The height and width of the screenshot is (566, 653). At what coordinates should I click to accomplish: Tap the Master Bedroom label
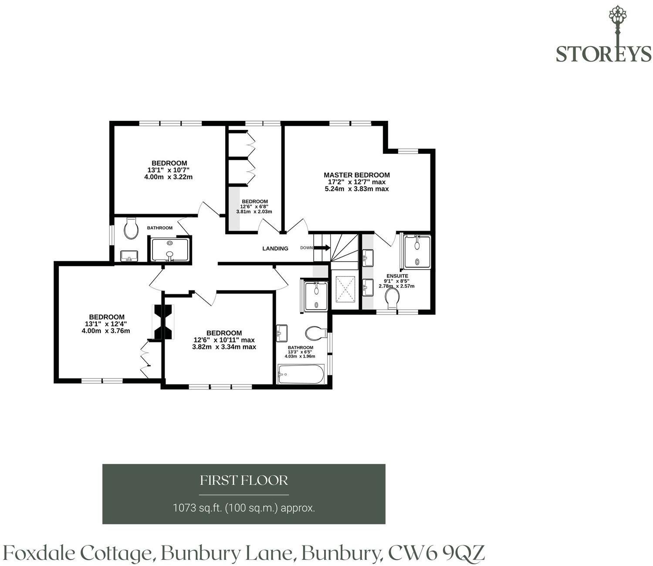[357, 175]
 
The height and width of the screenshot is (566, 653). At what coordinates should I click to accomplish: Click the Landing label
[275, 249]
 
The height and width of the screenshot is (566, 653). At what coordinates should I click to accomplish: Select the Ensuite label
[397, 276]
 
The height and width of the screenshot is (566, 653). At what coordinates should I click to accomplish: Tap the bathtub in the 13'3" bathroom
[301, 375]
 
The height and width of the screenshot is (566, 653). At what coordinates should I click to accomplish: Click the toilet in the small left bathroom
[131, 228]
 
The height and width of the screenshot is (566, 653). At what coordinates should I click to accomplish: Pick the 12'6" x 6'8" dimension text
[254, 207]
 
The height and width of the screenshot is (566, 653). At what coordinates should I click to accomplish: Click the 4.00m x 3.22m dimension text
[169, 177]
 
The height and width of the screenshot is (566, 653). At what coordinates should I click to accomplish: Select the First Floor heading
[244, 480]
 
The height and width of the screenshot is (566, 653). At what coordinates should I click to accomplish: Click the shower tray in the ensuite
[417, 252]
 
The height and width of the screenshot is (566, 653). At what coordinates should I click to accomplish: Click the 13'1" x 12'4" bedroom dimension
[106, 324]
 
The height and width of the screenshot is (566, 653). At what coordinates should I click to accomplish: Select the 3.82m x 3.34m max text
[224, 347]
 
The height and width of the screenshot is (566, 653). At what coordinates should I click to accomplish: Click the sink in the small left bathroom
[129, 256]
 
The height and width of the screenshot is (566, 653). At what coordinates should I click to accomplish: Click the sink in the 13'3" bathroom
[281, 333]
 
